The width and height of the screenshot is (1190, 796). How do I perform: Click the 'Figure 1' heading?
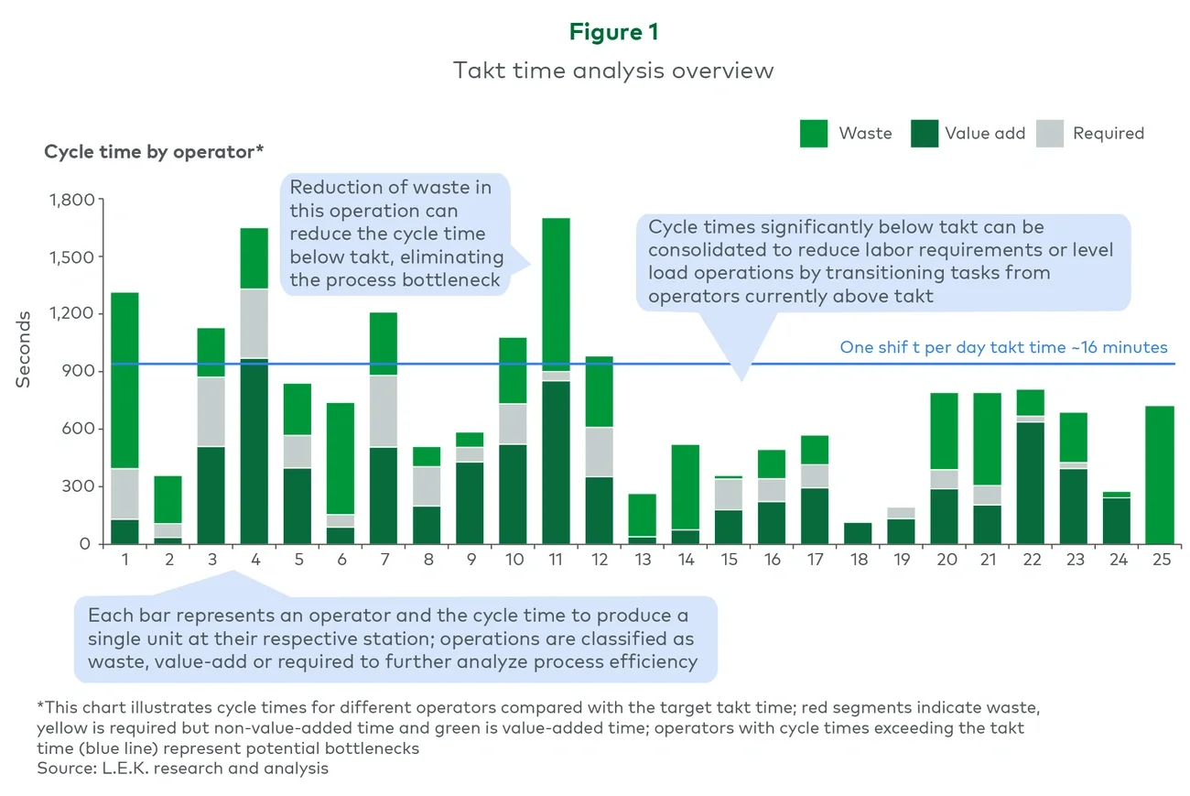point(613,32)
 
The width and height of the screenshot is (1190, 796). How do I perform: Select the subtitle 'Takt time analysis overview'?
point(613,71)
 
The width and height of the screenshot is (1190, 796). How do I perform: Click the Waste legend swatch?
point(814,134)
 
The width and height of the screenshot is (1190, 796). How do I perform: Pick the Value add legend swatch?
point(925,134)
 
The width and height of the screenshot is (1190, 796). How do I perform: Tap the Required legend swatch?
point(1050,134)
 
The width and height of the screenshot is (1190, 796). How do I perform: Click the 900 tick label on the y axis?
point(79,371)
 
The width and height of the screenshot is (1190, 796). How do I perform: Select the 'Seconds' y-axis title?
point(24,348)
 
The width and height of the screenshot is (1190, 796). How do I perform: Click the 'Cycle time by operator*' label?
point(152,152)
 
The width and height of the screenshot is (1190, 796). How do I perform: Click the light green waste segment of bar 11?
point(556,293)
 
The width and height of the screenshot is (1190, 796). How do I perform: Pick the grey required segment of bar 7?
point(384,411)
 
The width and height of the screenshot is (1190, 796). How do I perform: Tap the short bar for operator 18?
point(858,533)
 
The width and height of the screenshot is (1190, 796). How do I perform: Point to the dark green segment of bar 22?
point(1030,483)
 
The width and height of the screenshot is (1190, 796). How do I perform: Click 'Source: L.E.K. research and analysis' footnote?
point(182,768)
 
